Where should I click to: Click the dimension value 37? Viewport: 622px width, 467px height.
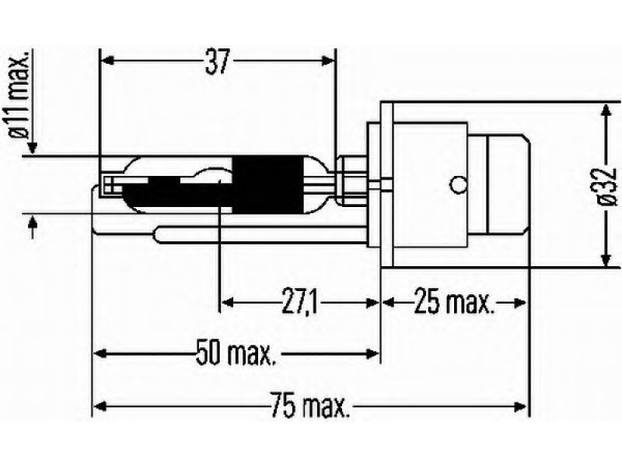point(218,62)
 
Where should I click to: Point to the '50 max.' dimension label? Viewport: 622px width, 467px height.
point(236,353)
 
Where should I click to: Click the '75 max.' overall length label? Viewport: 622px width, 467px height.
point(310,405)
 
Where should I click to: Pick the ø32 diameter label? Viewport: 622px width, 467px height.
point(607,187)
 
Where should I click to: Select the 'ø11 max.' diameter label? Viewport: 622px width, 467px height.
point(18,94)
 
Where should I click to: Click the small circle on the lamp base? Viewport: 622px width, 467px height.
point(458,184)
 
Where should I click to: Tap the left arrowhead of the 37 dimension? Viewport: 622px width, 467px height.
point(108,61)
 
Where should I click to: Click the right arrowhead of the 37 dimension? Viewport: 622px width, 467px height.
point(327,61)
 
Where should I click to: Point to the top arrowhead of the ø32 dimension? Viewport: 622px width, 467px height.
point(606,111)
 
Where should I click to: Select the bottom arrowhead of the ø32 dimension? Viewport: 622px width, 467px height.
point(606,259)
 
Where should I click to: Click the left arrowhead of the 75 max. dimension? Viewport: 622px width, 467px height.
point(101,406)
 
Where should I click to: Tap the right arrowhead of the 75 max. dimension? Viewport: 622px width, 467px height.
point(519,406)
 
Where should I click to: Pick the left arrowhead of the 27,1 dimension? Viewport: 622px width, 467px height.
point(227,303)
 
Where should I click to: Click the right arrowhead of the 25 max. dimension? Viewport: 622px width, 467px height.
point(519,303)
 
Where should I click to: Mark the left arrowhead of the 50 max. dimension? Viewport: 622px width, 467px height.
point(101,353)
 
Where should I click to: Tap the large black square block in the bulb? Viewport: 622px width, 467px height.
point(265,184)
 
